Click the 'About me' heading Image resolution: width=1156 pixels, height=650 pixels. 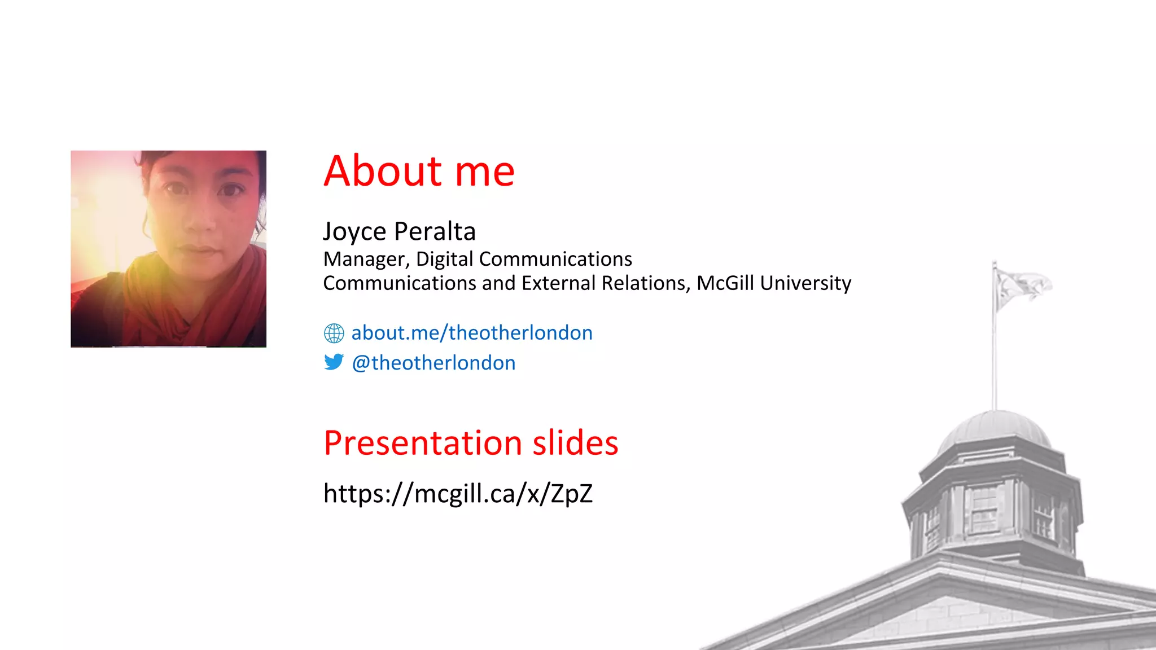(419, 171)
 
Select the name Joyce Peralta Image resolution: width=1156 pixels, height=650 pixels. (399, 231)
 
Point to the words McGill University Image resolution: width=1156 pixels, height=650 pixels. (773, 283)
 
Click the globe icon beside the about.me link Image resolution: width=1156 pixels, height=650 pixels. (334, 333)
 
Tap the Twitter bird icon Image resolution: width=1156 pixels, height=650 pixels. (334, 362)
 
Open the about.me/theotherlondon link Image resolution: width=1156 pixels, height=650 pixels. (472, 333)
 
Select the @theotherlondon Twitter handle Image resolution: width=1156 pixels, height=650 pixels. (433, 363)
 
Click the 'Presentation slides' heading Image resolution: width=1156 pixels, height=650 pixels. (471, 443)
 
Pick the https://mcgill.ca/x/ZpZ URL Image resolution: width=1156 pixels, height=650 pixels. (458, 494)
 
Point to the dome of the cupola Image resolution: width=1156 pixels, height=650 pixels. (995, 430)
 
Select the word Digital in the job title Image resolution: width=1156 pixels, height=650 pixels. (444, 260)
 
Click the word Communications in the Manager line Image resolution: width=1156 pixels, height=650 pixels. (555, 260)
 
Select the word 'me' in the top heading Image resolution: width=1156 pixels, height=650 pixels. (484, 171)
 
